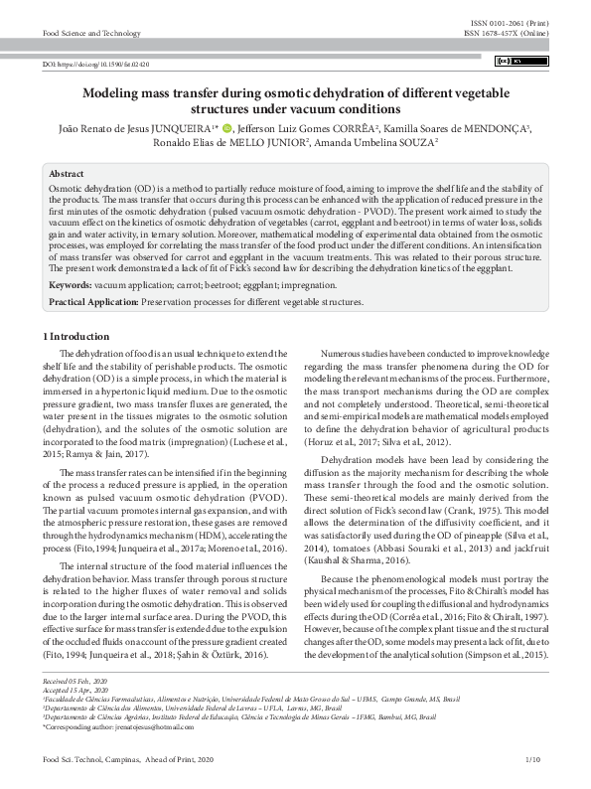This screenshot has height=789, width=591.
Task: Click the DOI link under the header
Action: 96,64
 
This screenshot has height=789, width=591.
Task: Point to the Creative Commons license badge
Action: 523,62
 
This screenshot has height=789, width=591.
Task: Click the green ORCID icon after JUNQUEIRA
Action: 226,127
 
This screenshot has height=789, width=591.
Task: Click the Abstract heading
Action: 67,173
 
